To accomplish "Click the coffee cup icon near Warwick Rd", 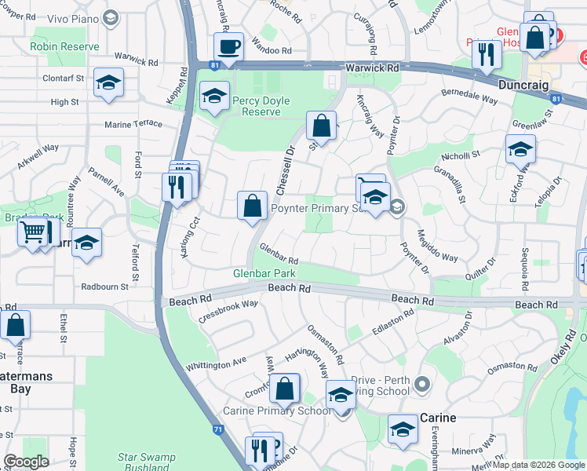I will click(228, 46).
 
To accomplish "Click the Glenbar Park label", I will click(264, 273).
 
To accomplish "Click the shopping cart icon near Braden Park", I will click(32, 232).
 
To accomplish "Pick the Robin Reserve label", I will click(65, 46).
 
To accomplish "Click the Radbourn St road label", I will click(104, 287).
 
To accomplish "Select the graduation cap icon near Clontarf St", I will click(108, 82).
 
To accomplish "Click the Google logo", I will click(27, 462).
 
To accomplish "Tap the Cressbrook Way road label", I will click(229, 309).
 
